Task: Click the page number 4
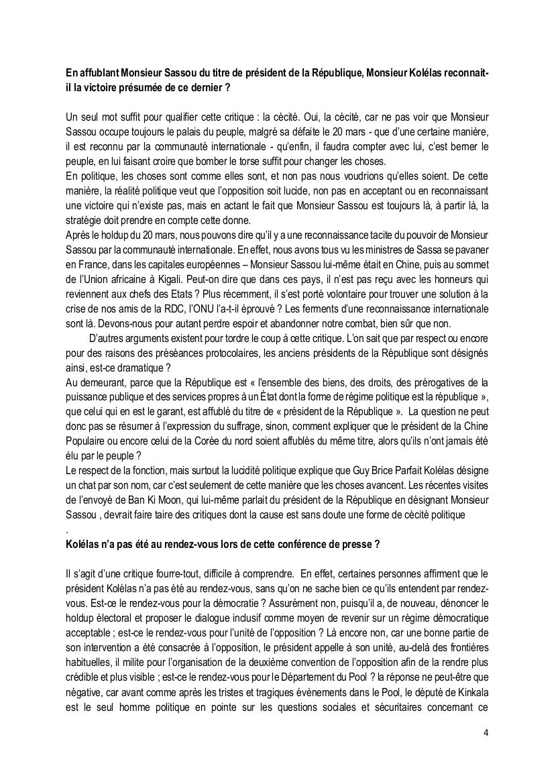[x=486, y=732]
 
